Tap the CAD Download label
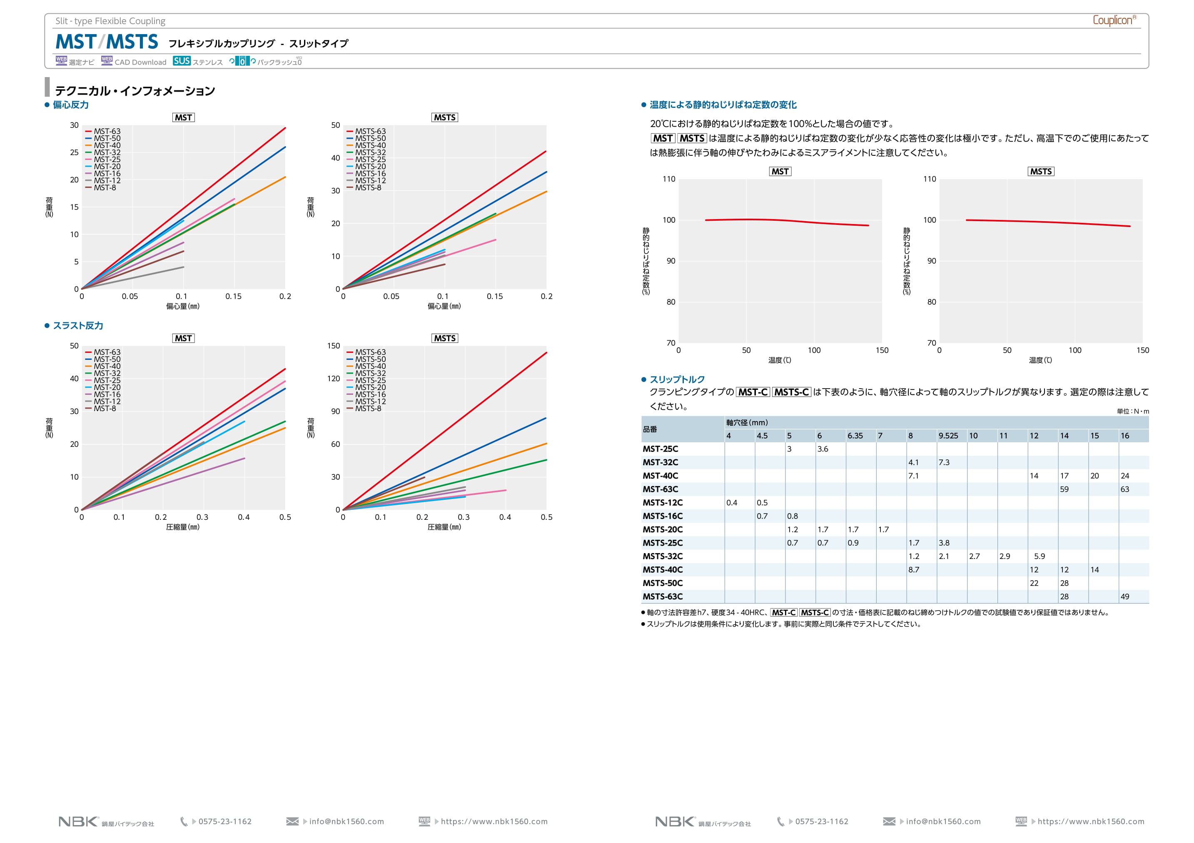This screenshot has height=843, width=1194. pyautogui.click(x=140, y=62)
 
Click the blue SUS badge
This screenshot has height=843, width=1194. pyautogui.click(x=182, y=61)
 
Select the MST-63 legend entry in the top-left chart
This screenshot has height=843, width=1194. pyautogui.click(x=107, y=132)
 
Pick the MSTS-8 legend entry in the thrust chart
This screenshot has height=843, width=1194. pyautogui.click(x=368, y=409)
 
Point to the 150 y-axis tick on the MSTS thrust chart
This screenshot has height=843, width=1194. pyautogui.click(x=333, y=346)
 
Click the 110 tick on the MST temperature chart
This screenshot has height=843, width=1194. pyautogui.click(x=669, y=179)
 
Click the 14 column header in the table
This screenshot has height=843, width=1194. pyautogui.click(x=1064, y=436)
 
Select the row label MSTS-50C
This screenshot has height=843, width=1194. pyautogui.click(x=663, y=584)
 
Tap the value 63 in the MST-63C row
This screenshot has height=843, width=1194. pyautogui.click(x=1125, y=489)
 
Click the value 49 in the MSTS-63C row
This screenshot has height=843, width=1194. pyautogui.click(x=1125, y=597)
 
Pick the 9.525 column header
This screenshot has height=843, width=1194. pyautogui.click(x=948, y=436)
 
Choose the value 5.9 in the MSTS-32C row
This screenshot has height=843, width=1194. pyautogui.click(x=1039, y=556)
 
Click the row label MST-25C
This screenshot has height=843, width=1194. pyautogui.click(x=661, y=449)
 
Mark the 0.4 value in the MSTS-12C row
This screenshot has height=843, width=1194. pyautogui.click(x=732, y=503)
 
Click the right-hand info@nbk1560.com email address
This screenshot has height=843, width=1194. pyautogui.click(x=943, y=822)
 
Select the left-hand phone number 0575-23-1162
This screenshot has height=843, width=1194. pyautogui.click(x=224, y=822)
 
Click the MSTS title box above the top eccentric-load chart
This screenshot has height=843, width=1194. pyautogui.click(x=445, y=117)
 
